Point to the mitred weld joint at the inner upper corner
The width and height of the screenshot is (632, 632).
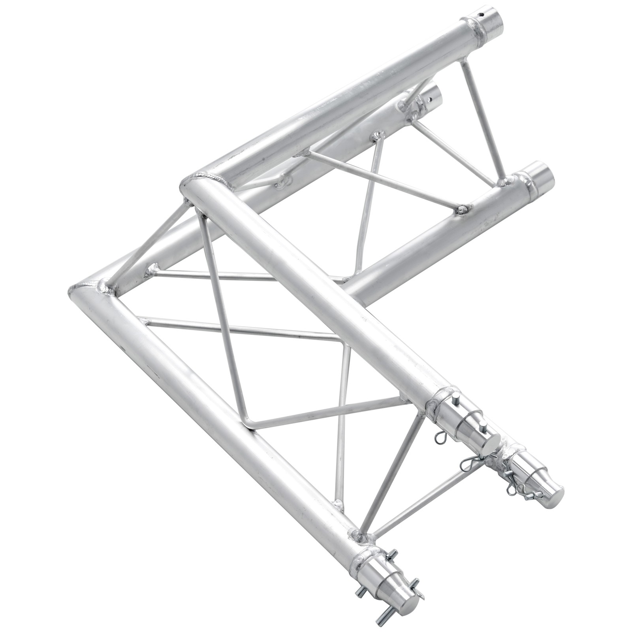click(x=205, y=179)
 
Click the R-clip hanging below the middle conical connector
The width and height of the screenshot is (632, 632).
click(x=443, y=436)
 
